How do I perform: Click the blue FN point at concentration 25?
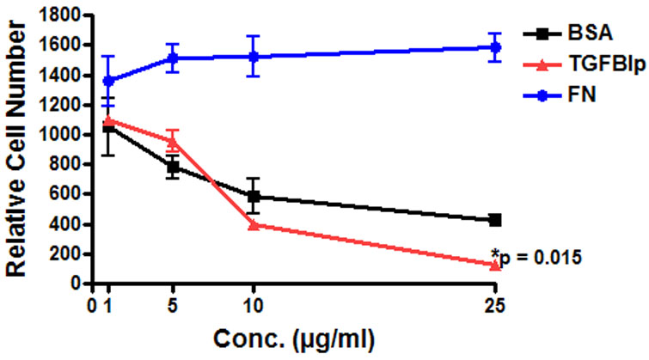click(x=495, y=47)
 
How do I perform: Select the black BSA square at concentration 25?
click(x=495, y=220)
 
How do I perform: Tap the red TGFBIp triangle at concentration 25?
click(x=495, y=265)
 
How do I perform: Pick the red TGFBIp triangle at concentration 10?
click(x=253, y=224)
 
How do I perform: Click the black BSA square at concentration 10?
click(x=253, y=196)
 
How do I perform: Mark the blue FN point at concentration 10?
click(x=253, y=57)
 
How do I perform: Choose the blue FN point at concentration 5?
click(x=173, y=58)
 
